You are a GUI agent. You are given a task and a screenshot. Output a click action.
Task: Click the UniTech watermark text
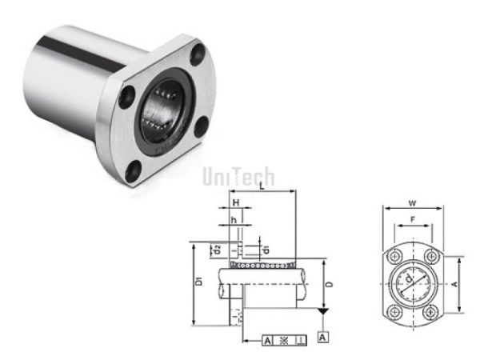coord(238,176)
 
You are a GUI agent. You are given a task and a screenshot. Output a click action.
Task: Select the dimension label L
coord(262,186)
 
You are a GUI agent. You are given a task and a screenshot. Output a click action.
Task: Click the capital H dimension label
coord(236,203)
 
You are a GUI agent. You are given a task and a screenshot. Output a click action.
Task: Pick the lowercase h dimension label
coord(234,221)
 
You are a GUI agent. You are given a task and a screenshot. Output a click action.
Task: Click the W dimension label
coord(413,202)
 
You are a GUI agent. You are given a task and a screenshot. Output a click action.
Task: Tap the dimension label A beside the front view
coord(455,283)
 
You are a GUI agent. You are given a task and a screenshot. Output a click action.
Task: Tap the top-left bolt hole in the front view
coord(393,255)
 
